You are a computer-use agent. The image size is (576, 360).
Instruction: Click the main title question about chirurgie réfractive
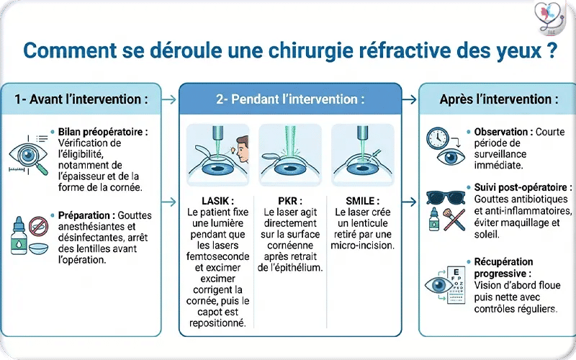pos(288,52)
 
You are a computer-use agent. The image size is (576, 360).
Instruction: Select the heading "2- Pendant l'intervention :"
pos(290,99)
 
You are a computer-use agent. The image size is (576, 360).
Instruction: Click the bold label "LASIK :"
pos(218,201)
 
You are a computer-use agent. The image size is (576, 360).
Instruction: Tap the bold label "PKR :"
pos(290,201)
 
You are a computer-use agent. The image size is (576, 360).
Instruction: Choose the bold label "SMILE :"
pos(362,201)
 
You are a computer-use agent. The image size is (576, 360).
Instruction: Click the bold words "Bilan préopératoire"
pos(99,132)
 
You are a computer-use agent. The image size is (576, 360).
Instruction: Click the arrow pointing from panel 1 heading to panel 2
pos(170,99)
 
